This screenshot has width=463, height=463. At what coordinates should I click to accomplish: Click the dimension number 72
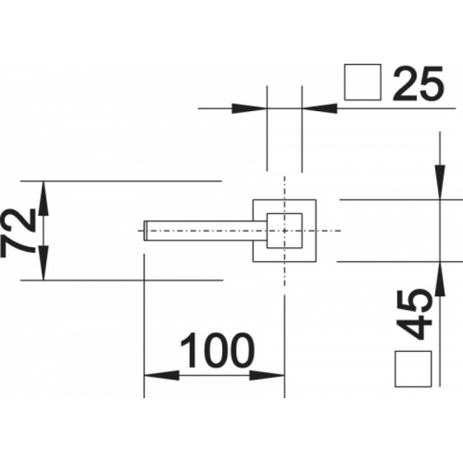click(18, 233)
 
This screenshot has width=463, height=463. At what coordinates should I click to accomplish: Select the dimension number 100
click(218, 351)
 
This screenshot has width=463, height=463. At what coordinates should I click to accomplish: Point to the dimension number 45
click(414, 315)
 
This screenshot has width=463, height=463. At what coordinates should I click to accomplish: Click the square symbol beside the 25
click(363, 82)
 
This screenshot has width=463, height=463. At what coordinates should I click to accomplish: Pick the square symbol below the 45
click(413, 369)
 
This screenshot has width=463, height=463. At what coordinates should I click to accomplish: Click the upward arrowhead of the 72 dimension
click(43, 198)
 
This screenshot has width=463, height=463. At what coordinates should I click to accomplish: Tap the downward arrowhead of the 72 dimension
click(43, 263)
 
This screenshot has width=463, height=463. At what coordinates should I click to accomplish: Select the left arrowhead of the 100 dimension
click(161, 376)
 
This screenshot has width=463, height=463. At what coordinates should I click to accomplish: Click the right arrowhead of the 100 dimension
click(267, 376)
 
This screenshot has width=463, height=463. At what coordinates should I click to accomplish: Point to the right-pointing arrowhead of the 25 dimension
click(249, 108)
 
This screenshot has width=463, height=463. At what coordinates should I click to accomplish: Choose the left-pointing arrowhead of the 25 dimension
click(319, 108)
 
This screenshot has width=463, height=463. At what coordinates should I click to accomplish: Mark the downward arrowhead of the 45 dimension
click(440, 182)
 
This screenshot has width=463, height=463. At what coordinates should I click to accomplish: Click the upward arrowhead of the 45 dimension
click(440, 279)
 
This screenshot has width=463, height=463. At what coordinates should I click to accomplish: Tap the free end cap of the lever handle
click(146, 230)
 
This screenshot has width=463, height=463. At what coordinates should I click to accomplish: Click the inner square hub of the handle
click(284, 230)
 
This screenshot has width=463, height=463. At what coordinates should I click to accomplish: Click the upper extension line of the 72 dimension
click(121, 181)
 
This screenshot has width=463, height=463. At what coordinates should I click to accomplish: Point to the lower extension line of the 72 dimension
click(122, 280)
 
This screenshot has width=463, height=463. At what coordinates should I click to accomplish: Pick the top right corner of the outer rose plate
click(316, 200)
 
